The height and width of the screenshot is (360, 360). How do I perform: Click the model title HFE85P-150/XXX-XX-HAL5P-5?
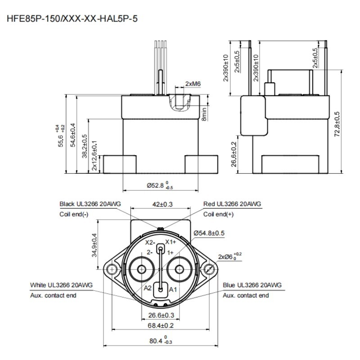point(72,18)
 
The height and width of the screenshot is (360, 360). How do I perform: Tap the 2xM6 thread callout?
point(193,84)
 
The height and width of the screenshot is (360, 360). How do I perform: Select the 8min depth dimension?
point(204,114)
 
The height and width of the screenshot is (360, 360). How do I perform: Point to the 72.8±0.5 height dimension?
point(337,124)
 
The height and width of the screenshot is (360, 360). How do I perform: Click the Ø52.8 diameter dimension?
point(160,185)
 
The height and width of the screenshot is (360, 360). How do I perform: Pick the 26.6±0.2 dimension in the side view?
point(233,154)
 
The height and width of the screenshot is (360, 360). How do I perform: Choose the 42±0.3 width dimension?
point(162,204)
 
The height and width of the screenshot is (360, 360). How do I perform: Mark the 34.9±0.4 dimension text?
point(94,245)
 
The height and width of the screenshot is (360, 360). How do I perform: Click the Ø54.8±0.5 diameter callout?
point(209,233)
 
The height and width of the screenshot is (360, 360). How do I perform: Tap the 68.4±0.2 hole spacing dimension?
point(161,325)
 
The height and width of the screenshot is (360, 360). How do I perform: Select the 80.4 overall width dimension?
point(161,341)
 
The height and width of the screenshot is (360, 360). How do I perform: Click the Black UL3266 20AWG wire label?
point(90,204)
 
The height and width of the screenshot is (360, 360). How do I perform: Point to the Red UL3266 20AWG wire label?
point(232,204)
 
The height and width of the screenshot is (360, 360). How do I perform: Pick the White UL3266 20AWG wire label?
point(61,285)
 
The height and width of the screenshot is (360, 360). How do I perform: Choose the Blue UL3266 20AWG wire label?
point(252,285)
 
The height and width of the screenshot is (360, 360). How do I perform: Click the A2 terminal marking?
point(148,288)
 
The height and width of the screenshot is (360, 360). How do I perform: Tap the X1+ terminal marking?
point(171,242)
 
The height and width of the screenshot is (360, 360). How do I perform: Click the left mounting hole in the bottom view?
point(112,269)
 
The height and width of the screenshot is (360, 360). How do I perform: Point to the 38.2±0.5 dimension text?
point(85,146)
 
